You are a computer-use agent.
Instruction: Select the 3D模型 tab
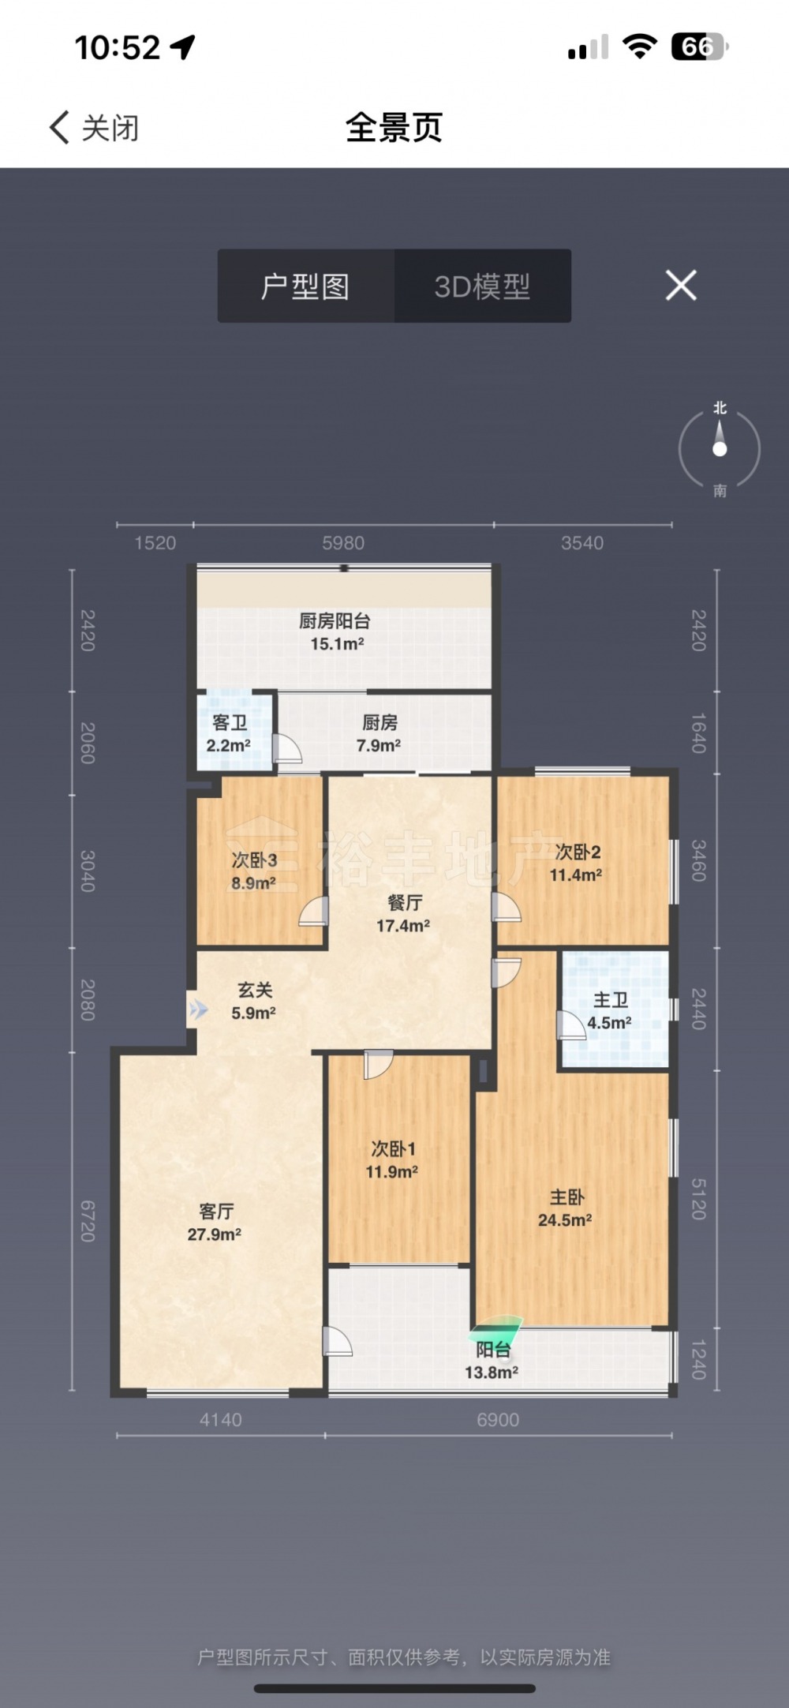click(x=482, y=286)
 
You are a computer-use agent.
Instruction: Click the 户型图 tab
click(x=305, y=286)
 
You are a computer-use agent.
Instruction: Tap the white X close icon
click(x=681, y=285)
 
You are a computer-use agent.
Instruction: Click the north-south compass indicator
click(x=720, y=449)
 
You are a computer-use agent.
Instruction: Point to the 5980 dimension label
click(x=343, y=543)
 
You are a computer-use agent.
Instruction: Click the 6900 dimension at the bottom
click(x=498, y=1420)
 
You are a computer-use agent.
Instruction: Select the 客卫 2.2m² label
click(x=229, y=733)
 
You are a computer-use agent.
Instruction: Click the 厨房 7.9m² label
click(x=379, y=733)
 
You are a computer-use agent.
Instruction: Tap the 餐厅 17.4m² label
click(x=403, y=914)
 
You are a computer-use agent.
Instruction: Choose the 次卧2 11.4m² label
click(x=577, y=863)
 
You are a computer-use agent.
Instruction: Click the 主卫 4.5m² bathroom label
click(x=610, y=1011)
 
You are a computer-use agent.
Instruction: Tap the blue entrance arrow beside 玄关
click(x=198, y=1009)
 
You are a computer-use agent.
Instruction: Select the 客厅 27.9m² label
click(x=215, y=1222)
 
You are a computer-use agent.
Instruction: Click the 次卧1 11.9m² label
click(x=392, y=1159)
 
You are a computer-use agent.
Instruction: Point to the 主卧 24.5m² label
click(x=566, y=1208)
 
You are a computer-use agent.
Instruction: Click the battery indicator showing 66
click(x=699, y=47)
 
